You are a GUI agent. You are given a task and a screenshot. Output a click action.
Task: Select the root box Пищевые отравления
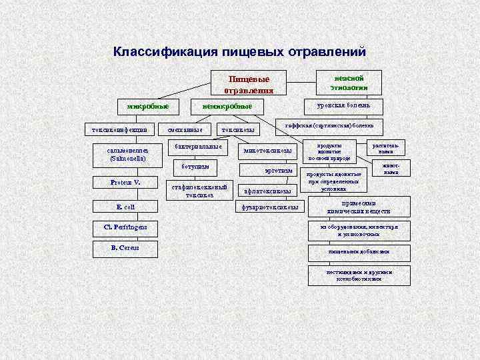[249, 83]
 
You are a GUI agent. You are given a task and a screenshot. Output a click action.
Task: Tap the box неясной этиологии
[349, 82]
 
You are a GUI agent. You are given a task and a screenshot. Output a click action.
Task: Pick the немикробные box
[227, 106]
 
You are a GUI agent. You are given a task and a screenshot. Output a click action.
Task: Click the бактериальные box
[198, 146]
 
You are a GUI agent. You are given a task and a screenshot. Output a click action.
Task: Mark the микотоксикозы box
[268, 151]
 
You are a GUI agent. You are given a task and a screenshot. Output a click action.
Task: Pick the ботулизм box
[198, 166]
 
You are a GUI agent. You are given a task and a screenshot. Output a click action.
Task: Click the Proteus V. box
[125, 183]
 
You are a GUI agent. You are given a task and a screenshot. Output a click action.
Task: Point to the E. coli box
[125, 207]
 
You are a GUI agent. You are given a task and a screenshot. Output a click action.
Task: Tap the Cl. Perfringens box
[125, 228]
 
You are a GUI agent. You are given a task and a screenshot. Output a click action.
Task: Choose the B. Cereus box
[125, 248]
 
